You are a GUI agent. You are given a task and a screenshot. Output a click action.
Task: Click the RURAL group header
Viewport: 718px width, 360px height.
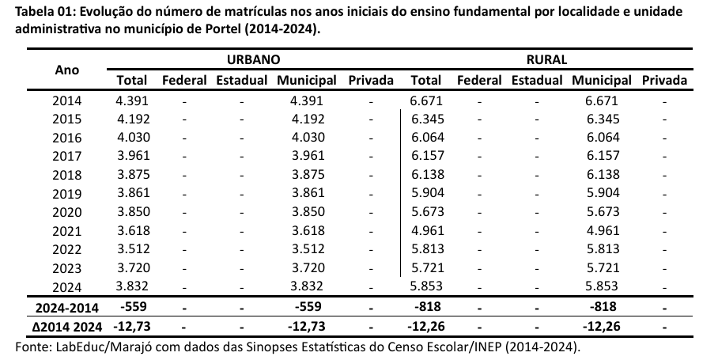click(x=546, y=59)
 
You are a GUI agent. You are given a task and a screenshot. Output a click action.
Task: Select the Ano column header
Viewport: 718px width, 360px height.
click(x=67, y=70)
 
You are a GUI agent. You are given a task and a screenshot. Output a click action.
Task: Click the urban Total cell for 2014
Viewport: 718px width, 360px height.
click(x=131, y=100)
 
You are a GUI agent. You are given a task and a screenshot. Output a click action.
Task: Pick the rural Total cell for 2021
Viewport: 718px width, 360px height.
click(x=426, y=230)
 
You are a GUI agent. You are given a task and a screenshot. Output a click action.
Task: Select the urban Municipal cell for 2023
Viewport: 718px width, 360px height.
click(x=307, y=267)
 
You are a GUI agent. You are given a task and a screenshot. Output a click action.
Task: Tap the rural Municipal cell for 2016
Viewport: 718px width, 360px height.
click(x=602, y=138)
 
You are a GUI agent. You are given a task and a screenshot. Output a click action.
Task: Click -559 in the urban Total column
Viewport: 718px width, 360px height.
click(x=131, y=307)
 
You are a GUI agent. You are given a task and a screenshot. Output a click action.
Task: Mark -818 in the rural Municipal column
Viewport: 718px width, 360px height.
click(x=602, y=307)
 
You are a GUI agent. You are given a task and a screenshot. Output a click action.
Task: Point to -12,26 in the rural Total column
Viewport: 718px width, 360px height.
click(x=426, y=325)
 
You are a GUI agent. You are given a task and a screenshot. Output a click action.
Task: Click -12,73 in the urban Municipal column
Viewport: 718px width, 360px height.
click(x=307, y=325)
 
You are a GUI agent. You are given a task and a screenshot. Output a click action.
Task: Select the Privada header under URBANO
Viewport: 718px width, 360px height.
click(x=370, y=80)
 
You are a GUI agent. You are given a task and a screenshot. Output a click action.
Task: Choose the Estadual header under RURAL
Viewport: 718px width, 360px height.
click(x=536, y=80)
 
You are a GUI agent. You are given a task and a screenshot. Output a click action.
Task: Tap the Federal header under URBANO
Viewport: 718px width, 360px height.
click(x=184, y=80)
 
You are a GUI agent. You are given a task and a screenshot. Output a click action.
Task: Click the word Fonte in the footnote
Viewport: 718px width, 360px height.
click(x=32, y=347)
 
